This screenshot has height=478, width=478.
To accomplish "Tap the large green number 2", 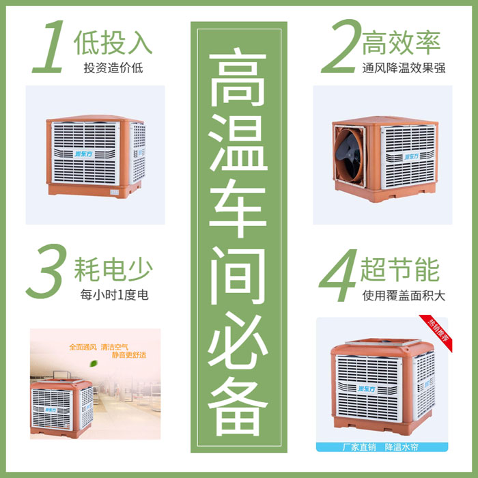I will click(339, 47).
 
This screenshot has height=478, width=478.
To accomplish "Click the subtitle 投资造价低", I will click(113, 68).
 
